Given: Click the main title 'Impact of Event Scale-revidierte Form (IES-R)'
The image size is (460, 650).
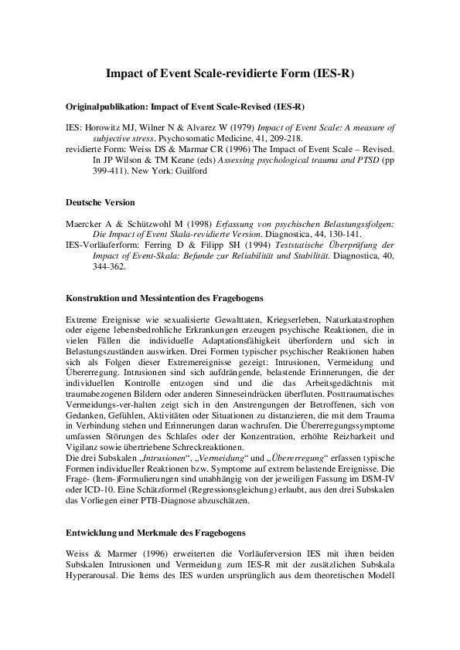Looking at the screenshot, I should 230,75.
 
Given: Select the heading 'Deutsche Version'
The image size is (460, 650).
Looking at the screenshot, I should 101,202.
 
